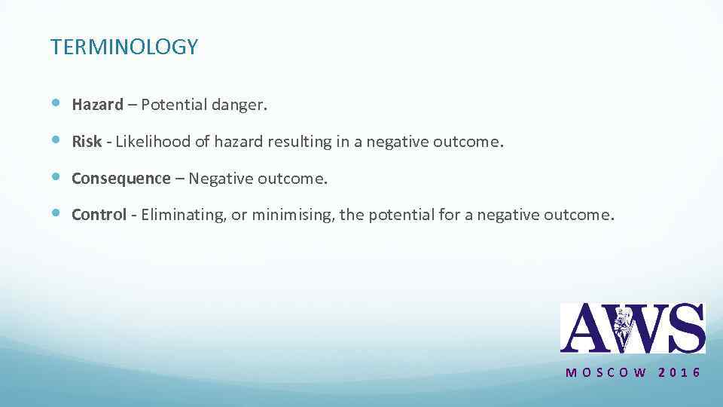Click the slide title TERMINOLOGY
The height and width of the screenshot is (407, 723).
[124, 47]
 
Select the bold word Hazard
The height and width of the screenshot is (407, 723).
[97, 105]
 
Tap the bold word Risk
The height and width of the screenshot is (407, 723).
[87, 142]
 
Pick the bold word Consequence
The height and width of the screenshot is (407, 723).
[121, 179]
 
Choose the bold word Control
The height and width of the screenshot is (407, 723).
[99, 215]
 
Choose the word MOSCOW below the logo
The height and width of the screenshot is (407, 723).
[606, 372]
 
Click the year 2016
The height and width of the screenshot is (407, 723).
[679, 372]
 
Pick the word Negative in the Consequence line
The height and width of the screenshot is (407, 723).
[221, 179]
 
